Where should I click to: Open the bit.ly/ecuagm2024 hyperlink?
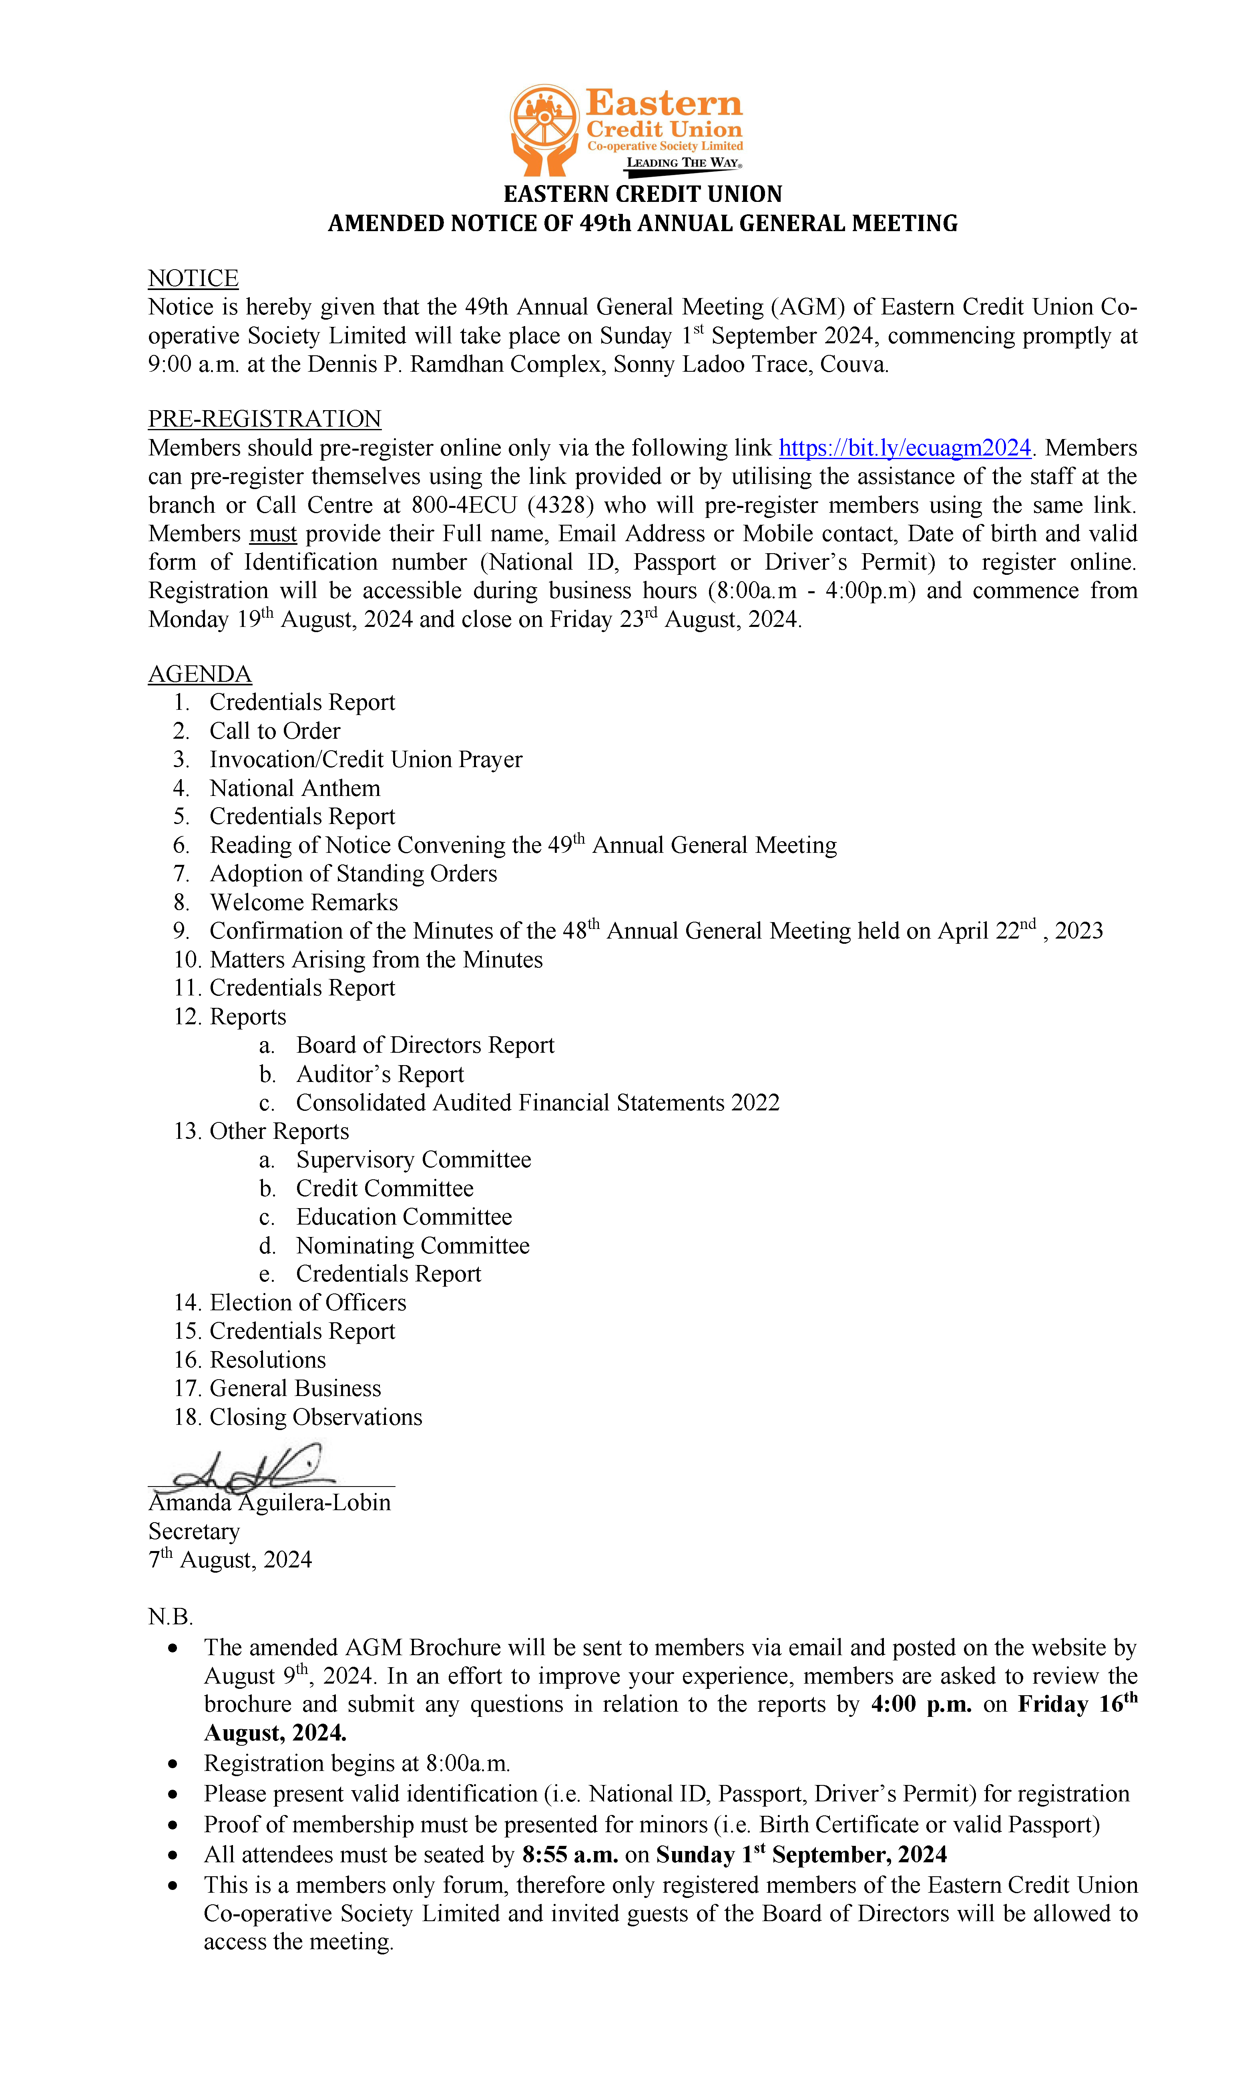click(x=904, y=448)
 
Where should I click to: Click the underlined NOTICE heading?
click(x=193, y=279)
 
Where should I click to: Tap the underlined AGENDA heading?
click(x=200, y=674)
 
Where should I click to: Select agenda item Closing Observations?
click(x=315, y=1417)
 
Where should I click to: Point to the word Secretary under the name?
click(x=194, y=1531)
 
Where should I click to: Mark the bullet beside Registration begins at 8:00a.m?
click(x=174, y=1763)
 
